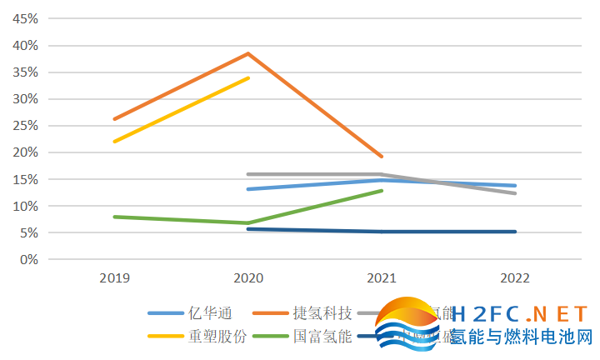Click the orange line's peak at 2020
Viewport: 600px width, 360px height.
(x=248, y=53)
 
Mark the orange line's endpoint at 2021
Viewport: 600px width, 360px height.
(x=382, y=156)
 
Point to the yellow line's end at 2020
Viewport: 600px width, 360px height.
(x=248, y=77)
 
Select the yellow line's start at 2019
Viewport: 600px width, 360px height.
(x=114, y=142)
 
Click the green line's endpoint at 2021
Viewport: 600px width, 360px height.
(x=382, y=191)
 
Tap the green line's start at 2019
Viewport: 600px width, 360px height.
(x=114, y=217)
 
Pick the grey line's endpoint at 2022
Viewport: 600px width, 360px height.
(x=516, y=193)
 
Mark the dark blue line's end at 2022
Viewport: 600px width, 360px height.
(x=516, y=232)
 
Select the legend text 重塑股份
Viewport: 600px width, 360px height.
(x=216, y=337)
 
